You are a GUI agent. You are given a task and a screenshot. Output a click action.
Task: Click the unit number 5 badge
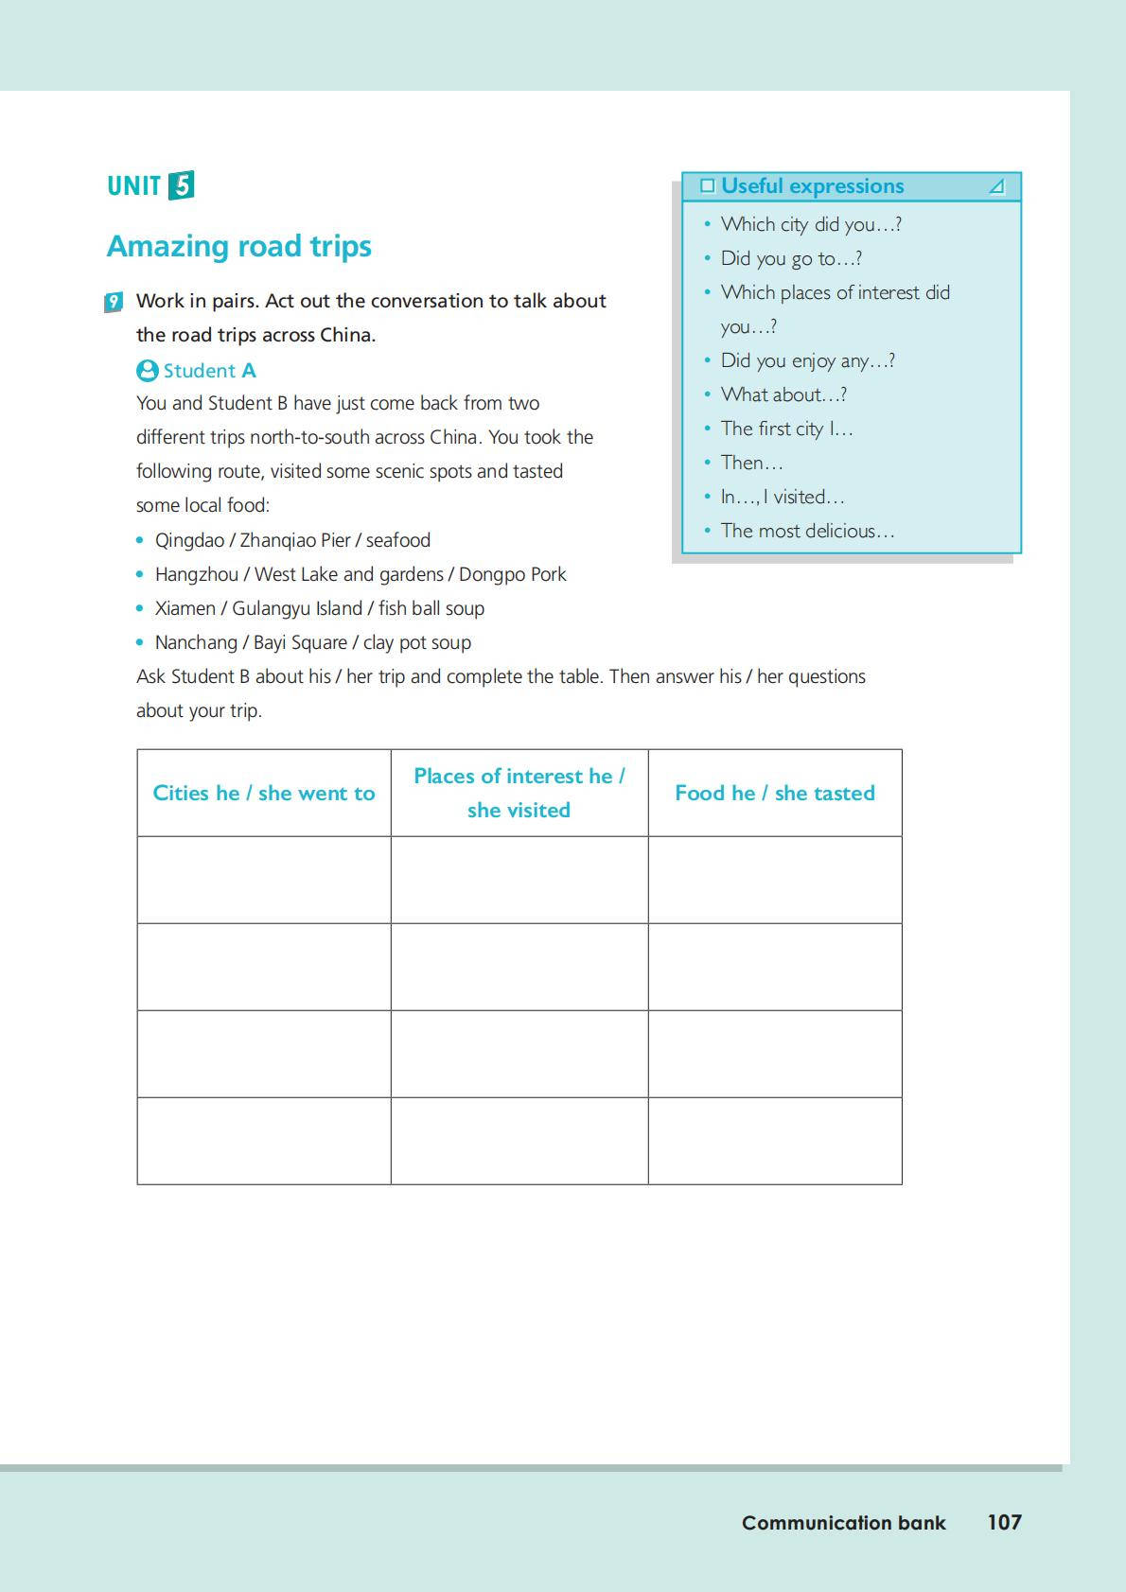click(181, 185)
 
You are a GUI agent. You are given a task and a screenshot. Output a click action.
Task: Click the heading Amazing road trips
click(239, 246)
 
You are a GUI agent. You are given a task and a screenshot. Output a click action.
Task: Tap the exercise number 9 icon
click(114, 302)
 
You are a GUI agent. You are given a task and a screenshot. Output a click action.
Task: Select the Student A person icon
click(147, 371)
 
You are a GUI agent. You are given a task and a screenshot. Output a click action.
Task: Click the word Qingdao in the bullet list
click(189, 540)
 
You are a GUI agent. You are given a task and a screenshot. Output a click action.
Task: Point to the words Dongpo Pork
click(512, 574)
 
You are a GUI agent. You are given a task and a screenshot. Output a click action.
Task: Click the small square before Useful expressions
click(707, 186)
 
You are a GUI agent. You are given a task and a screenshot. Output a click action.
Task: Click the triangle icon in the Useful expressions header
click(996, 186)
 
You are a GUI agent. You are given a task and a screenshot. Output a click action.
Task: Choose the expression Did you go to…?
click(791, 258)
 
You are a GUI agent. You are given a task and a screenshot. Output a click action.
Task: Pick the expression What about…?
click(783, 394)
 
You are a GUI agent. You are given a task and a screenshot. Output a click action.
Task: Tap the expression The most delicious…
click(807, 531)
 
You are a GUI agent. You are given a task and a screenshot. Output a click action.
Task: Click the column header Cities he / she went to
click(264, 793)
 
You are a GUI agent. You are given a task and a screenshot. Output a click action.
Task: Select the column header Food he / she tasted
click(775, 793)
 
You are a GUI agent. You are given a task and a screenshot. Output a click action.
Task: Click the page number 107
click(1004, 1522)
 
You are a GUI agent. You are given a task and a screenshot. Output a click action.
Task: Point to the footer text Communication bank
click(843, 1523)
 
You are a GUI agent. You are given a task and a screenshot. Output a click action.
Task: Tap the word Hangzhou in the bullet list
click(197, 574)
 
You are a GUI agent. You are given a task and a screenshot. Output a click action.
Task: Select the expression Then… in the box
click(751, 463)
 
